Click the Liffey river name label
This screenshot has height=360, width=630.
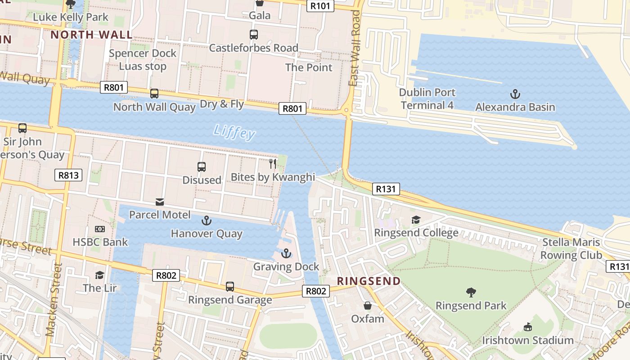pos(234,132)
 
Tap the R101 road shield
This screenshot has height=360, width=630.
pos(320,6)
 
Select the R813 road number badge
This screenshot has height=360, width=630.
pos(68,175)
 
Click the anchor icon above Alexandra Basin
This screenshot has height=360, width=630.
pos(515,94)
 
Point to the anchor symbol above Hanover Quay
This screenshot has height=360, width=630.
pos(206,220)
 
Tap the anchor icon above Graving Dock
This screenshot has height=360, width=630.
pos(286,254)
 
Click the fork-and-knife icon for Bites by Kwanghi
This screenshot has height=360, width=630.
pos(273,163)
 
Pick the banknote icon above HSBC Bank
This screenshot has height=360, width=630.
pos(100,229)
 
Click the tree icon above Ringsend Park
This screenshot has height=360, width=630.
pos(471,292)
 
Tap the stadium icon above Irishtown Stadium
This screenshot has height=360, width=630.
pos(528,327)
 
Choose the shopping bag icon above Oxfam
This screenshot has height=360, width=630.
pos(368,306)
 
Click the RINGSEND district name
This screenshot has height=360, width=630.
pos(369,281)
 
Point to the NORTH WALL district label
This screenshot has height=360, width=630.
pos(91,35)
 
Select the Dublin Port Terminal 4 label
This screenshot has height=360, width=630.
pos(427,99)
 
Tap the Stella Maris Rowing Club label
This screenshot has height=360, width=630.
pos(571,248)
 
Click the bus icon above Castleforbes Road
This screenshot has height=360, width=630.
pos(254,35)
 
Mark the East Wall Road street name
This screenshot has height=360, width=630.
pos(355,48)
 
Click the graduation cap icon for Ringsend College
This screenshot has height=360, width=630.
pos(416,220)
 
